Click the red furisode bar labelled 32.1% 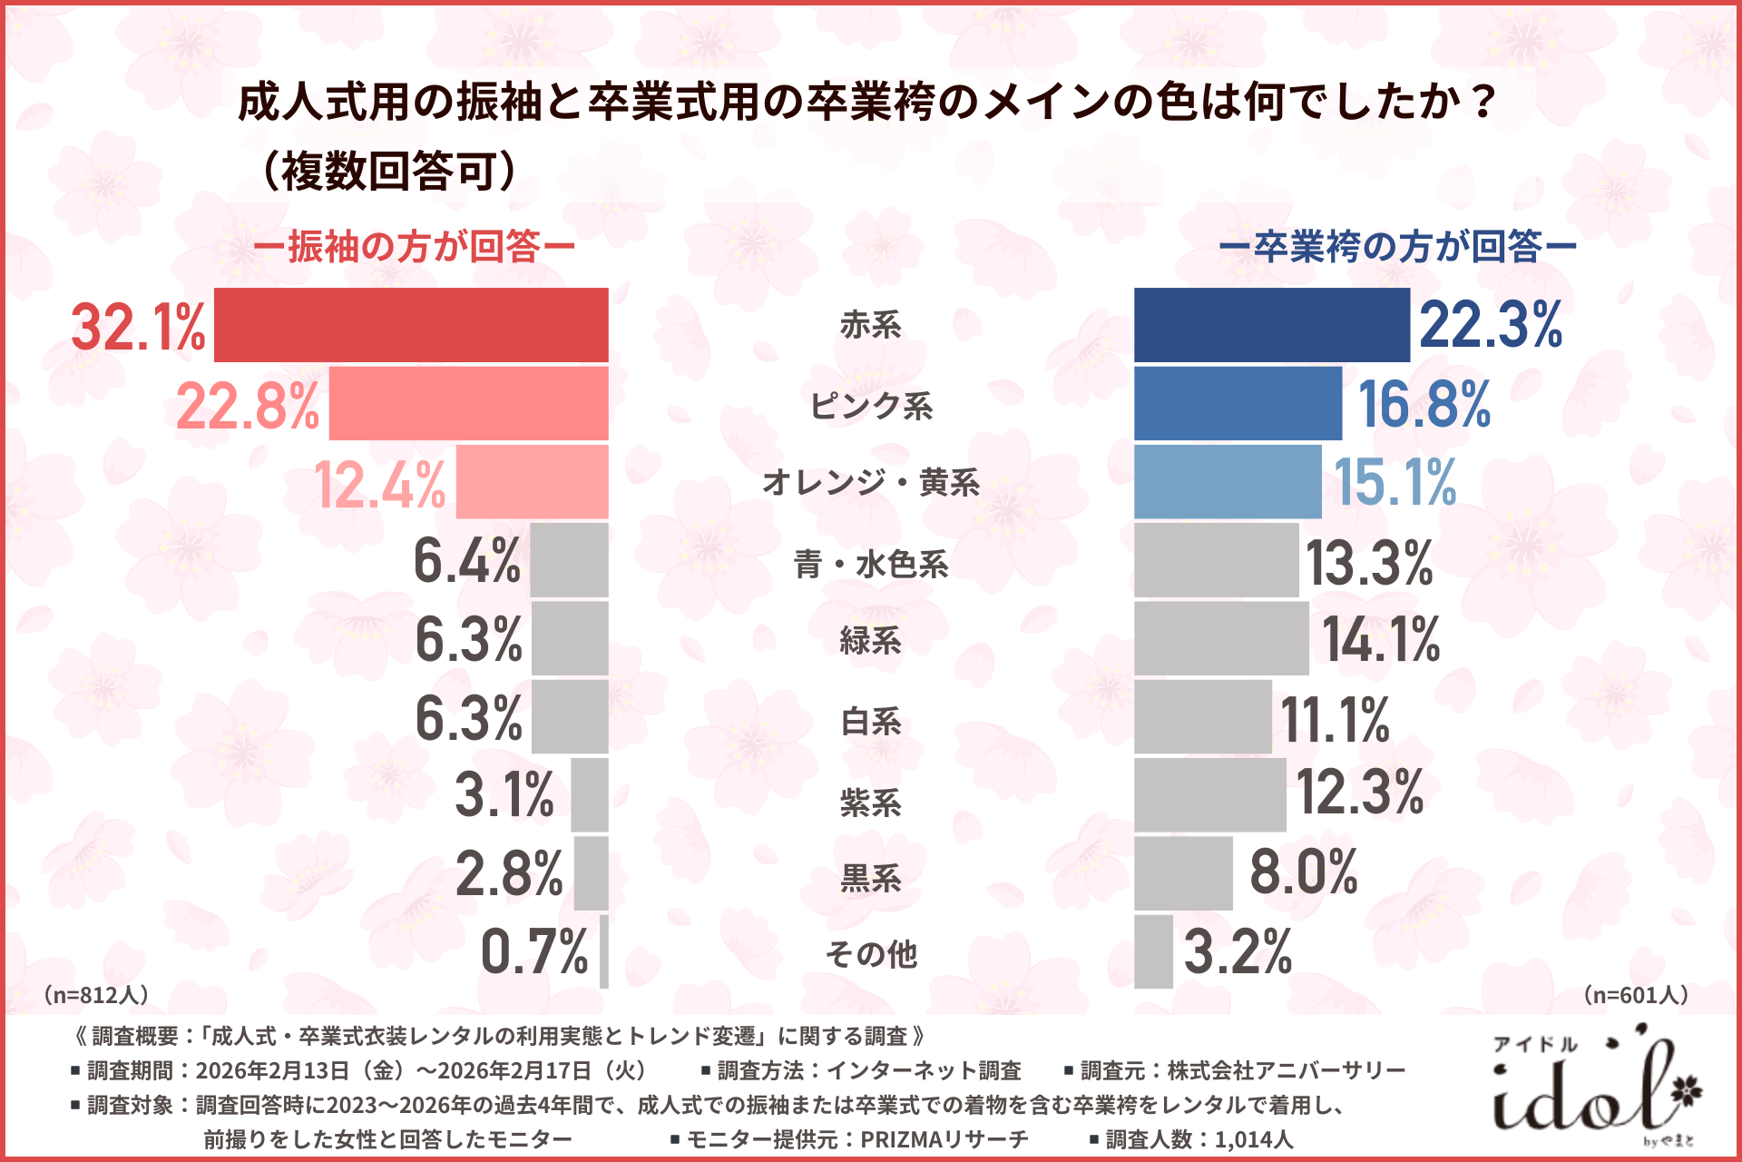tap(411, 325)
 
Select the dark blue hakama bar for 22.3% tap(1271, 325)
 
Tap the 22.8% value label tap(248, 405)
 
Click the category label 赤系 tap(870, 325)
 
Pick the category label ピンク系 tap(870, 405)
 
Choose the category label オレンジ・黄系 tap(870, 482)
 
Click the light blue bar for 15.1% tap(1228, 482)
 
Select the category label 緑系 tap(870, 640)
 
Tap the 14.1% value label tap(1380, 639)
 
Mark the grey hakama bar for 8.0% tap(1183, 873)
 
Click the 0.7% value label tap(534, 952)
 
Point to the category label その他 tap(870, 954)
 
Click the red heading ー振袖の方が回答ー tap(414, 246)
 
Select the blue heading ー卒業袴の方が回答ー tap(1396, 246)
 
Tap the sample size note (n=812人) tap(95, 995)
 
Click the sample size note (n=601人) tap(1636, 995)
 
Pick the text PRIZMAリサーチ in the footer tap(944, 1139)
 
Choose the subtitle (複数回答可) tap(388, 171)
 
